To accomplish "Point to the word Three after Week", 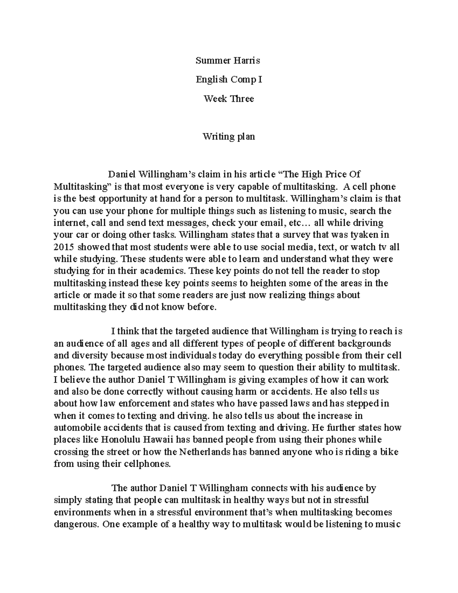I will click(242, 99).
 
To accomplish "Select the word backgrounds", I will click(366, 343).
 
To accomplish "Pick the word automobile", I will click(75, 427).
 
